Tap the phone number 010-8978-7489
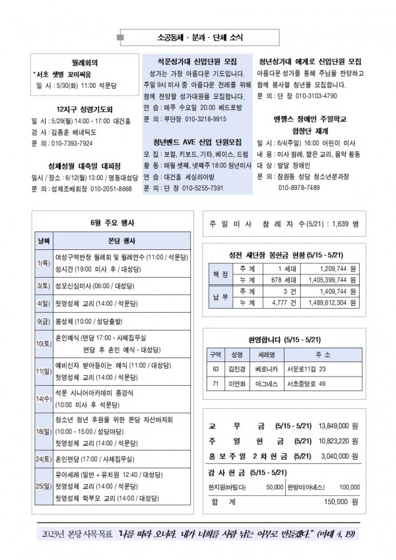point(300,187)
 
